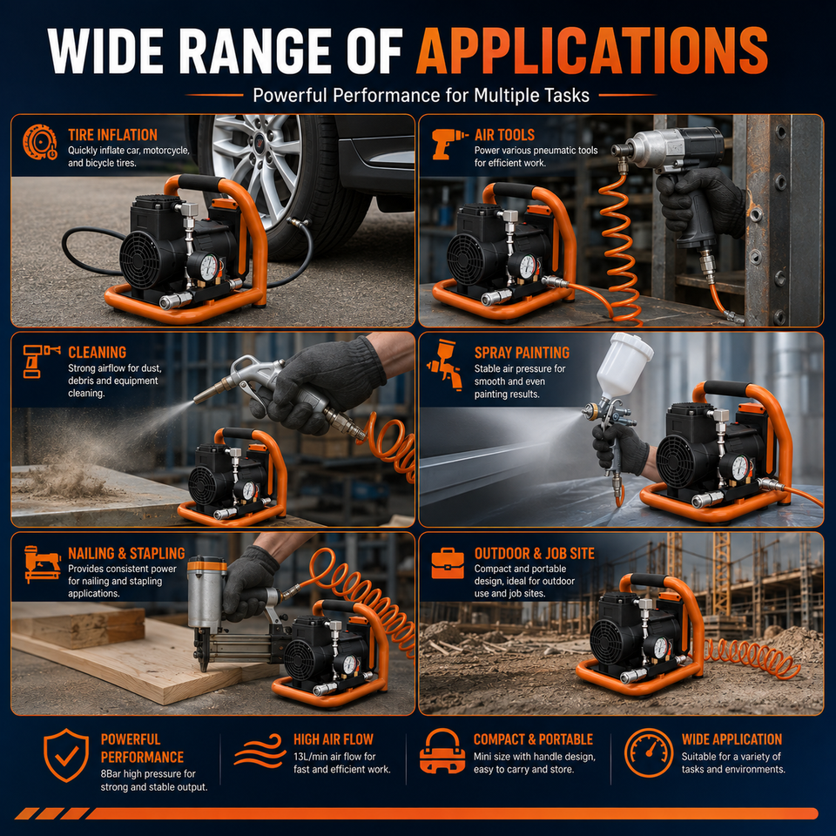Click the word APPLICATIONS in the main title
(592, 51)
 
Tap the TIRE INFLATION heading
(112, 135)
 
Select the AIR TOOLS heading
(504, 135)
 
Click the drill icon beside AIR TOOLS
(449, 143)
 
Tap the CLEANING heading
(97, 353)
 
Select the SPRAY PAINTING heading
(522, 353)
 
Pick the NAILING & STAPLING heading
(126, 554)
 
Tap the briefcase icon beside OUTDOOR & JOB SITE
(448, 563)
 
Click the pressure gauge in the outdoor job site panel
(660, 648)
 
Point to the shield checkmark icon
(66, 755)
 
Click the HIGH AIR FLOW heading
(334, 739)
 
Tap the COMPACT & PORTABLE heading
(533, 739)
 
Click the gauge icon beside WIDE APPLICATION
(649, 752)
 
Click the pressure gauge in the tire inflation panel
(209, 266)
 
